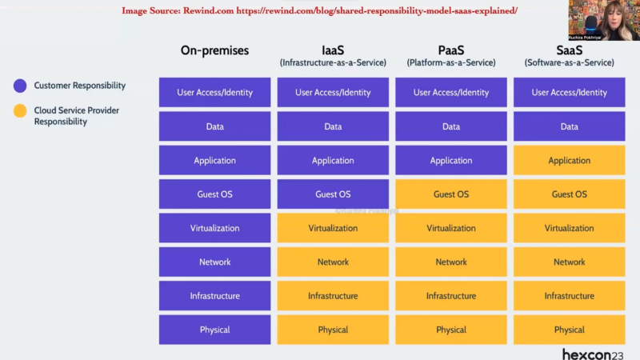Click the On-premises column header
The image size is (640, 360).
click(x=214, y=50)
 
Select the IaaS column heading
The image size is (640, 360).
click(x=333, y=50)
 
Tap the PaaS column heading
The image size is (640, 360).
click(x=451, y=50)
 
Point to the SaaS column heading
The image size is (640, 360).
click(x=570, y=50)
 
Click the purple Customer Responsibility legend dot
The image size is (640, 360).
click(x=20, y=86)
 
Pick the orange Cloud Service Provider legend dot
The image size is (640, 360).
click(x=20, y=111)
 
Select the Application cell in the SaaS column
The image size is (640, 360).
click(x=570, y=161)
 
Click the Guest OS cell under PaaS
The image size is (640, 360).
click(x=451, y=194)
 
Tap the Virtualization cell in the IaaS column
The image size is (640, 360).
click(x=333, y=228)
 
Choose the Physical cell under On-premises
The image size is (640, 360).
click(x=214, y=330)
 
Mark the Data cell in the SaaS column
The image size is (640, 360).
click(x=570, y=126)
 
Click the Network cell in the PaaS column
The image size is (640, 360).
click(x=451, y=262)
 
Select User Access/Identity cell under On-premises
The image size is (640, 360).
click(x=214, y=93)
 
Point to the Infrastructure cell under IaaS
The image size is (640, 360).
click(x=333, y=296)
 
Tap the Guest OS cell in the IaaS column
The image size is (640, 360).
click(x=333, y=194)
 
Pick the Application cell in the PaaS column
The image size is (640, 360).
click(x=451, y=161)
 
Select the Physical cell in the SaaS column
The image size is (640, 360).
click(x=570, y=330)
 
